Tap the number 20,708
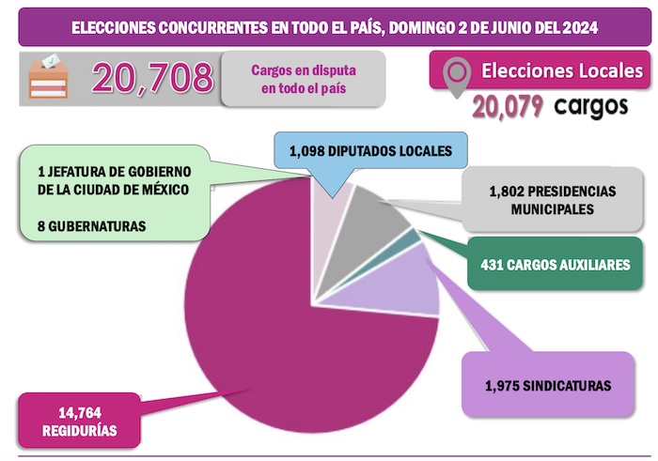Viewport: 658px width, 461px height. click(151, 77)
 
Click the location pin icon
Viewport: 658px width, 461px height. click(456, 76)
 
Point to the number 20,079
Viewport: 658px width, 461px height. click(509, 107)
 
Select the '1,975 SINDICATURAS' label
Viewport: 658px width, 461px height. click(548, 385)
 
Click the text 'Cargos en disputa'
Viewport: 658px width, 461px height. click(303, 70)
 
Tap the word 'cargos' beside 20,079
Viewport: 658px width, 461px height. click(590, 106)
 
